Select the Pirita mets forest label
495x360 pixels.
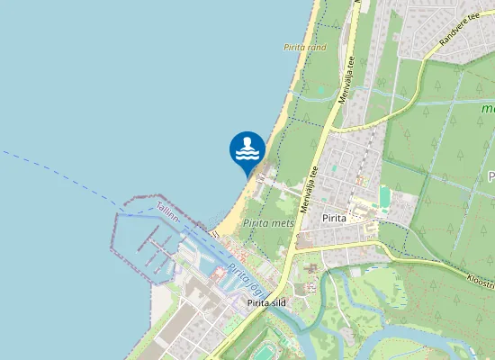click(x=269, y=222)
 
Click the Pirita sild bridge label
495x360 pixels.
click(x=266, y=303)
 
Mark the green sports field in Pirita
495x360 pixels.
click(x=386, y=196)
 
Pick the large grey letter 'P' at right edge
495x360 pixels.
click(x=490, y=175)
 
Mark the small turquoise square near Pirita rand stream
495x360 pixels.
click(x=335, y=168)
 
